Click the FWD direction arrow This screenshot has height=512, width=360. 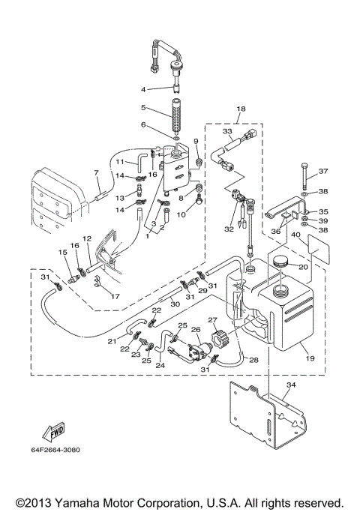(x=53, y=432)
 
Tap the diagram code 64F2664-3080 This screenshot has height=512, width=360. (x=55, y=450)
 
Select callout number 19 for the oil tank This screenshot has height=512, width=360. (x=310, y=358)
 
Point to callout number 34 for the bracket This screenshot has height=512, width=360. (x=291, y=385)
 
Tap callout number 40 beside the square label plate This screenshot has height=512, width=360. (x=295, y=235)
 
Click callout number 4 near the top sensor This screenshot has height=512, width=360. (x=143, y=89)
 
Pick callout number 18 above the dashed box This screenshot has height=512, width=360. (x=241, y=109)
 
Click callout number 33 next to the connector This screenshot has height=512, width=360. (x=227, y=131)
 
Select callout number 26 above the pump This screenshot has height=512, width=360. (x=196, y=330)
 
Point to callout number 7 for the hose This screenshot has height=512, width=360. (x=96, y=172)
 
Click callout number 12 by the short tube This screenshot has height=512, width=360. (x=87, y=238)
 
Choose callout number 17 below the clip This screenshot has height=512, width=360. (x=115, y=297)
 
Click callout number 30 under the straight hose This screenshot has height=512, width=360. (x=175, y=304)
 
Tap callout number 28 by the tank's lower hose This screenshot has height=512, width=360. (x=253, y=360)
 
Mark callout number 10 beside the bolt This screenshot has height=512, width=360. (x=181, y=214)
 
